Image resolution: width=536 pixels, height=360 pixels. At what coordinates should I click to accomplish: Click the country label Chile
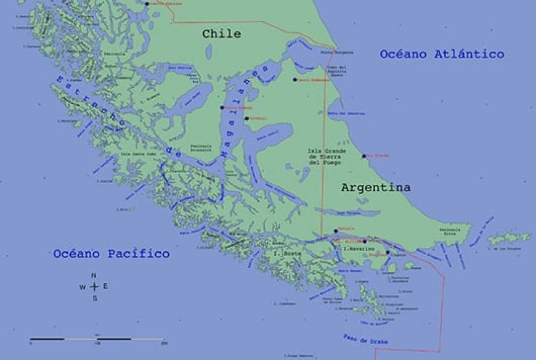click(221, 34)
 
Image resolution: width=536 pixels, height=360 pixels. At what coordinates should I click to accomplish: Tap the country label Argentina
click(376, 187)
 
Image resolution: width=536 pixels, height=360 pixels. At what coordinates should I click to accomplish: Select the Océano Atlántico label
click(442, 54)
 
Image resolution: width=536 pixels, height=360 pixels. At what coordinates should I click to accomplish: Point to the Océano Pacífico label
click(111, 253)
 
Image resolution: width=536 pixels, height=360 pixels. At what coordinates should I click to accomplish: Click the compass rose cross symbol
click(94, 287)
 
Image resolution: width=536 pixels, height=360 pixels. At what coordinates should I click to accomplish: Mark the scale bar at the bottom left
click(97, 339)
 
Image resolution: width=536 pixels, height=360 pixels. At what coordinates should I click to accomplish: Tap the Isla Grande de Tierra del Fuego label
click(327, 157)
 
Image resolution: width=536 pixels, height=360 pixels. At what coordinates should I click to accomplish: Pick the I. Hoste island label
click(284, 254)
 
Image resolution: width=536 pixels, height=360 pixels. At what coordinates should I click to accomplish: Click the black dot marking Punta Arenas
click(222, 108)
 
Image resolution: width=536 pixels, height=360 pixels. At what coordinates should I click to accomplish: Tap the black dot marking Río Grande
click(363, 156)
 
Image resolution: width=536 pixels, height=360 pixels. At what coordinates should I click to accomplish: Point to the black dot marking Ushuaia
click(335, 231)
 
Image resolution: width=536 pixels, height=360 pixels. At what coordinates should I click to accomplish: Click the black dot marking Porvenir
click(246, 118)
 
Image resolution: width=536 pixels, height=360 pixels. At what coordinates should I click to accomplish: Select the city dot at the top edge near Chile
click(147, 4)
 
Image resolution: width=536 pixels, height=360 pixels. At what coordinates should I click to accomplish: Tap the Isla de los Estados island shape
click(508, 239)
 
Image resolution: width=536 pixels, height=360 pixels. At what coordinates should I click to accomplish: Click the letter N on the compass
click(94, 276)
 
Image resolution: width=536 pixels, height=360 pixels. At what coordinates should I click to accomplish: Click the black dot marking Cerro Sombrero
click(295, 80)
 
